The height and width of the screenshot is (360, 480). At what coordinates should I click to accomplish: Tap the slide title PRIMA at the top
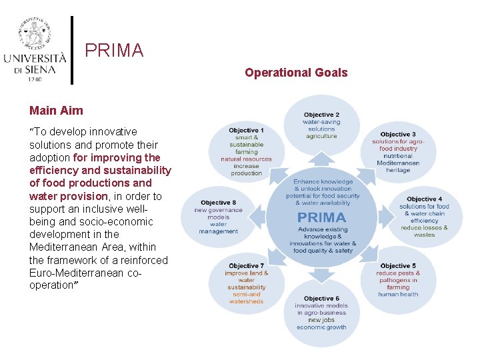click(x=114, y=51)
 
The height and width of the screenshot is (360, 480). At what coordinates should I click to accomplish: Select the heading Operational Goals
click(x=296, y=73)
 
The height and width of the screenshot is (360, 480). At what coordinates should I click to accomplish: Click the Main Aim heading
click(x=57, y=110)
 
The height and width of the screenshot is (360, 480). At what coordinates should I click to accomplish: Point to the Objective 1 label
click(x=246, y=130)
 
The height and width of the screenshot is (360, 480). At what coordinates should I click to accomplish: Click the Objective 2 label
click(x=321, y=115)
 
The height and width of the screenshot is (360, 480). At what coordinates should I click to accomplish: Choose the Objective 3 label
click(x=398, y=134)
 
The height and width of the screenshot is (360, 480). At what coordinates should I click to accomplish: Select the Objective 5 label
click(x=398, y=265)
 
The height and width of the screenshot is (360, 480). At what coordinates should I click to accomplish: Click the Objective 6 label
click(x=321, y=298)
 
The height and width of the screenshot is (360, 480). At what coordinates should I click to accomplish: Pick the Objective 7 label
click(x=246, y=265)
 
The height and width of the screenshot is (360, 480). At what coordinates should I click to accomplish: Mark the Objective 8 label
click(x=218, y=203)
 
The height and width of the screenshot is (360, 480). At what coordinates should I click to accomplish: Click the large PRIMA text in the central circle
click(x=321, y=217)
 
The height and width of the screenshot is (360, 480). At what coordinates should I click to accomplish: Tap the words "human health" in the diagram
click(x=398, y=294)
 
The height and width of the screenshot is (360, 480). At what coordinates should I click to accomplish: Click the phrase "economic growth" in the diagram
click(x=321, y=327)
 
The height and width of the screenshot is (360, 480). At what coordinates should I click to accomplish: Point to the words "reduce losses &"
click(x=424, y=227)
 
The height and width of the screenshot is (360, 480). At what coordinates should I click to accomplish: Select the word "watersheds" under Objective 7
click(x=246, y=301)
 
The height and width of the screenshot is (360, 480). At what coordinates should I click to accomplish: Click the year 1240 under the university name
click(x=35, y=79)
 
